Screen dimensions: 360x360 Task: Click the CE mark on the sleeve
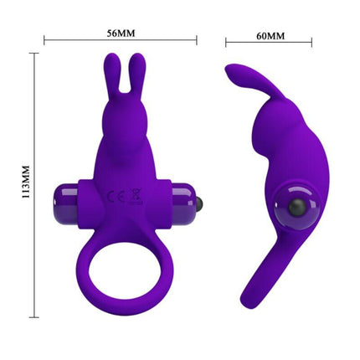point(113,197)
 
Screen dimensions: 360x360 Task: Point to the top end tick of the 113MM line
point(35,53)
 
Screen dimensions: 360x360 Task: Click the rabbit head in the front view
point(122,113)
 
